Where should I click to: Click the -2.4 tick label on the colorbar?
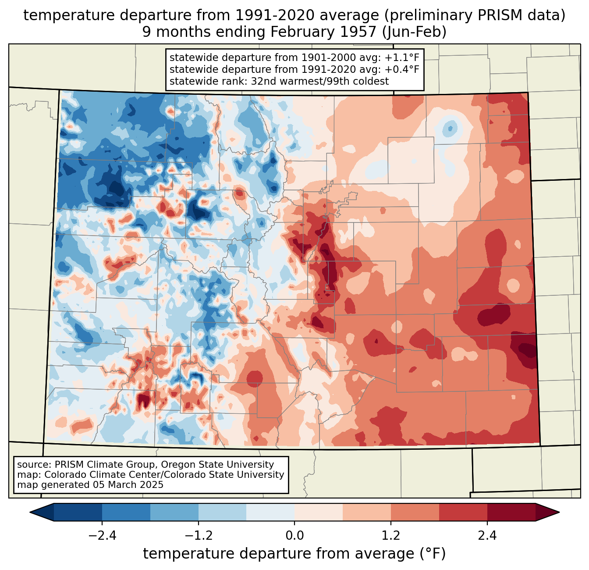tap(102, 535)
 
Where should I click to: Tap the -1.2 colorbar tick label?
tap(199, 535)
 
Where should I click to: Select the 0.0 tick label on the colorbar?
tap(294, 535)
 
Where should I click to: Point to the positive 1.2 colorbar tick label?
tap(391, 535)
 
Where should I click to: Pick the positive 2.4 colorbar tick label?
tap(487, 535)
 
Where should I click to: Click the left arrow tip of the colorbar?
tap(30, 513)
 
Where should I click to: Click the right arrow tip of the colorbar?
tap(559, 513)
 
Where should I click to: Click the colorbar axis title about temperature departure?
tap(294, 553)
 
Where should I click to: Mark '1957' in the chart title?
tap(358, 32)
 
